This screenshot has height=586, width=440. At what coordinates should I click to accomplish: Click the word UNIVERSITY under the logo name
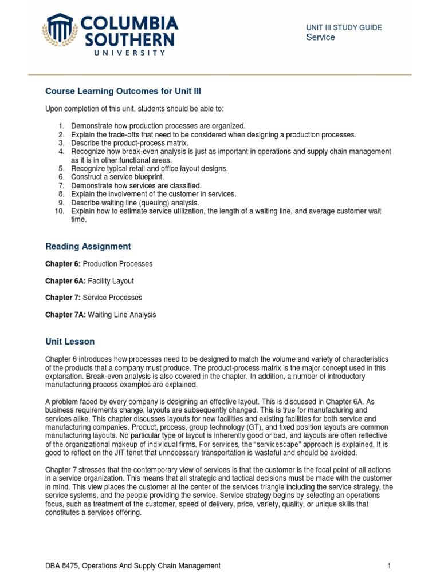point(129,53)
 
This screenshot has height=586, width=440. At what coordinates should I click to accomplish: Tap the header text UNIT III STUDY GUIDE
point(344,27)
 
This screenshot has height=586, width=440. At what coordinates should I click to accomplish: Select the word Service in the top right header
point(320,38)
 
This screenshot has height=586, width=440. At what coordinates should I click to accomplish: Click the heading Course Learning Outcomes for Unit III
point(123,92)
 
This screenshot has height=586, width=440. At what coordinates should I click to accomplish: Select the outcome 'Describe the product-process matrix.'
point(129,143)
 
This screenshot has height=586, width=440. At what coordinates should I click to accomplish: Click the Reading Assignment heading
point(88,246)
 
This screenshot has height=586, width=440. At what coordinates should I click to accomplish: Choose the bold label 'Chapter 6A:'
point(65,281)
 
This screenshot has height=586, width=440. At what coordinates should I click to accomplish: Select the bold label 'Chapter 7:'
point(62,298)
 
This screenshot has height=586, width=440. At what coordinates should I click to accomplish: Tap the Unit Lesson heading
point(70,342)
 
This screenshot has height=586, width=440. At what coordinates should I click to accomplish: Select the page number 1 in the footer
point(389,565)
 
